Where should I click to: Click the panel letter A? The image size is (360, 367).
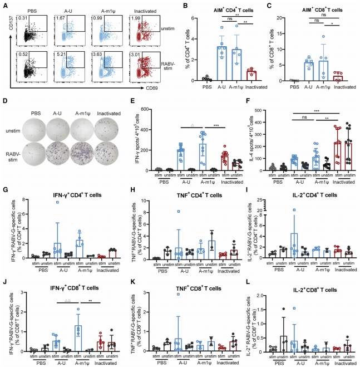4,4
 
